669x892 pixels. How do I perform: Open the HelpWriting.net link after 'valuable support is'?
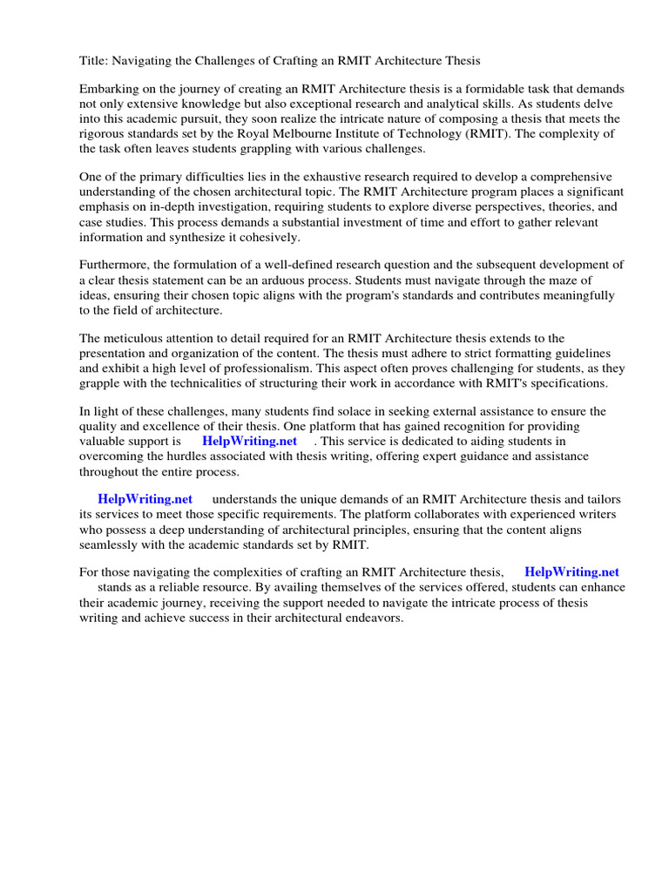point(249,441)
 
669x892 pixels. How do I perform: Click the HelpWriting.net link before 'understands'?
point(145,499)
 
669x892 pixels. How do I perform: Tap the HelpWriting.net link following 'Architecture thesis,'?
point(571,572)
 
